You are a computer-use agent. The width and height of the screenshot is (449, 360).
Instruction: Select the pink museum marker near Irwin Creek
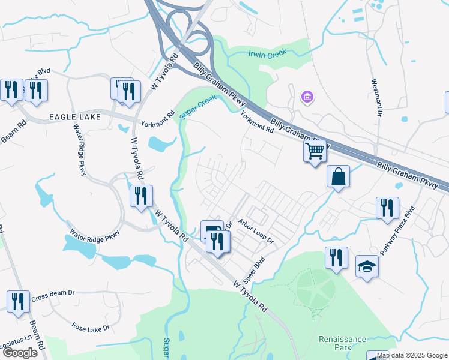click(307, 97)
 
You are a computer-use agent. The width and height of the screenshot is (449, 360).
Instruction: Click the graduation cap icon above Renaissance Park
click(367, 266)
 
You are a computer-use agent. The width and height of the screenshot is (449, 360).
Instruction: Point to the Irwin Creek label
click(268, 53)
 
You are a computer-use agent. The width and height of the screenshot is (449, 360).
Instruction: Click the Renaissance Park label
click(342, 343)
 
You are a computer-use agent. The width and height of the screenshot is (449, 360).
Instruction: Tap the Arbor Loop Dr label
click(255, 232)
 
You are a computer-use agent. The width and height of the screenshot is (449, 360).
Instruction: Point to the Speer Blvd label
click(255, 271)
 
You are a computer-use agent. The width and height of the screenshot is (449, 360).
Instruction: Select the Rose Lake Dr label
click(91, 328)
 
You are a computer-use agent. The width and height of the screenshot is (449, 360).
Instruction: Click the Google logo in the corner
click(19, 352)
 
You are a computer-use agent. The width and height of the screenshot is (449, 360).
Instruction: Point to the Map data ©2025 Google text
click(412, 355)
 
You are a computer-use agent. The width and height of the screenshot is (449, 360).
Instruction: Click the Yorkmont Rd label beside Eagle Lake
click(157, 119)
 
